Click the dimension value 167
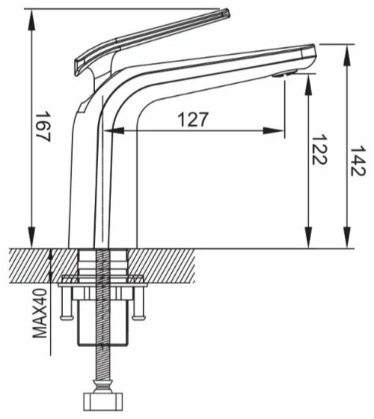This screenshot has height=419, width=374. point(43,126)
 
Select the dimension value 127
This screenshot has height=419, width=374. point(193,119)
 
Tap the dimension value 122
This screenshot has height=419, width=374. point(319,149)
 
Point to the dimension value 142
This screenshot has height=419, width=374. point(358,161)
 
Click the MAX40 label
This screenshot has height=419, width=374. point(40,313)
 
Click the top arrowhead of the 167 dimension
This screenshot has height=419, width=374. point(31,19)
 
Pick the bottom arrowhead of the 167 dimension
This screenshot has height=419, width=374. point(31,238)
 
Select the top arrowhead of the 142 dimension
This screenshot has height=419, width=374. point(347,55)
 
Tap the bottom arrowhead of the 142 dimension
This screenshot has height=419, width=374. point(347,238)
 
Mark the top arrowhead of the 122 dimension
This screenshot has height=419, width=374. point(308,84)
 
